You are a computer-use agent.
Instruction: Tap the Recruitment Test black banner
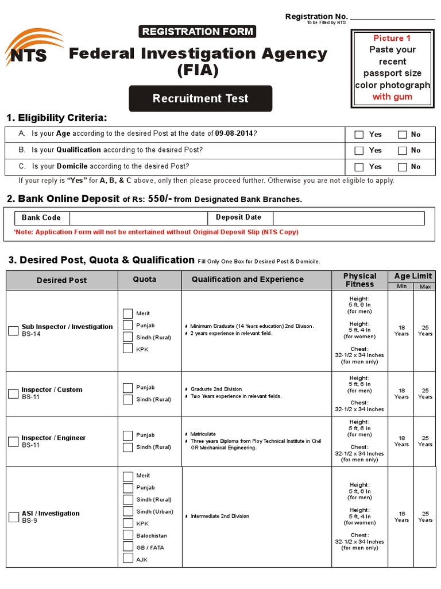[x=200, y=98]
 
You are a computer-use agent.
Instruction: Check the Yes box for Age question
[x=359, y=135]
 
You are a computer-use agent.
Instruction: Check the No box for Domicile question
[x=402, y=167]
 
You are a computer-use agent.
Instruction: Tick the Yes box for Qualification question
[x=359, y=151]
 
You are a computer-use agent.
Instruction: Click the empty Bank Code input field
[x=138, y=218]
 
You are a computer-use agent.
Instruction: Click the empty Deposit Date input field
[x=348, y=218]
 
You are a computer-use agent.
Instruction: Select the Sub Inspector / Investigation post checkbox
[x=13, y=331]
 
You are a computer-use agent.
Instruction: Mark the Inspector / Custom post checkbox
[x=13, y=393]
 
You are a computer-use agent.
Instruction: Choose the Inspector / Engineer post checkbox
[x=13, y=442]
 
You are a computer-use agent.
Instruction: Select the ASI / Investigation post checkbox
[x=13, y=517]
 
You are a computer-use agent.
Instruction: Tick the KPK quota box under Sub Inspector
[x=127, y=349]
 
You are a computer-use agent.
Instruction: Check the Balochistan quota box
[x=127, y=535]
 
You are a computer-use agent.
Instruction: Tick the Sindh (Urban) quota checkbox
[x=127, y=511]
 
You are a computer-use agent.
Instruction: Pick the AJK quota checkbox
[x=127, y=559]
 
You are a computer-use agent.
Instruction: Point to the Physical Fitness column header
[x=359, y=280]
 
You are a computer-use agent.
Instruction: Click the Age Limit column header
[x=413, y=276]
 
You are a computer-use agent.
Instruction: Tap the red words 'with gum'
[x=392, y=97]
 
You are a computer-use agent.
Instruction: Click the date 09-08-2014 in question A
[x=234, y=134]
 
